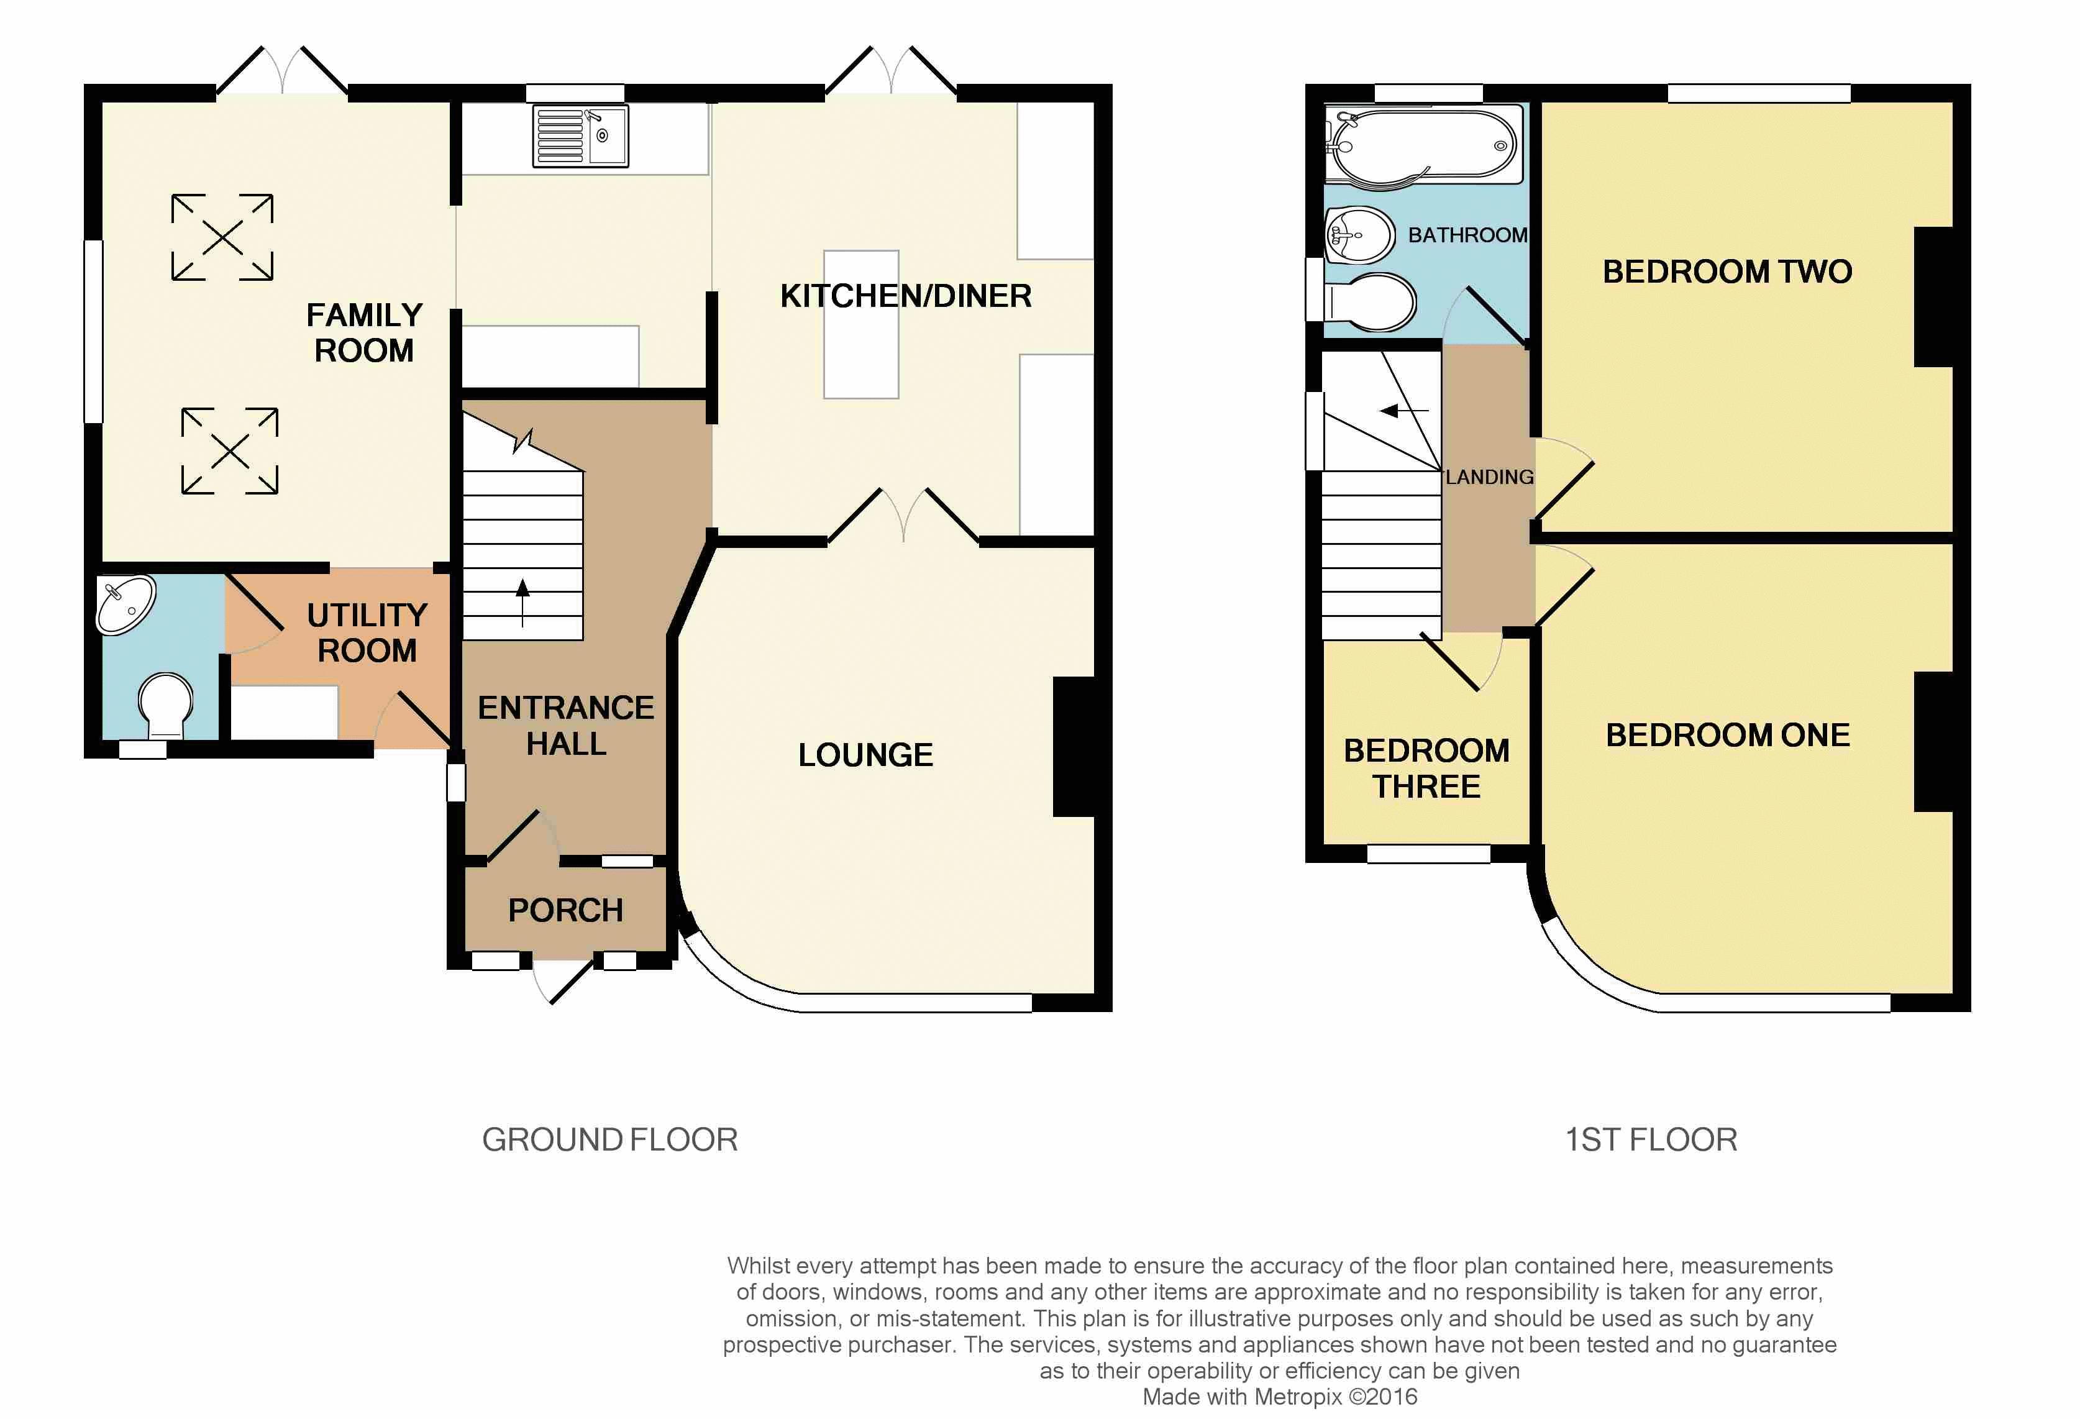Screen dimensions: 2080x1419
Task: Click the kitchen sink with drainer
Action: click(x=581, y=136)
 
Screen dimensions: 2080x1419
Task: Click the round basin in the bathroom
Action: click(x=1359, y=235)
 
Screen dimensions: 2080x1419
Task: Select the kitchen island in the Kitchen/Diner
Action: click(x=861, y=324)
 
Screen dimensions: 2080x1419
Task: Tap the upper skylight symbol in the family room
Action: click(x=222, y=237)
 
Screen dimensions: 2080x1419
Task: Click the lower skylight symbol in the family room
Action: click(x=230, y=451)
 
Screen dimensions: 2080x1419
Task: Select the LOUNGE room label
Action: click(x=865, y=755)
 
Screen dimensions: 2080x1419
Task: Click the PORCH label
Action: click(x=565, y=911)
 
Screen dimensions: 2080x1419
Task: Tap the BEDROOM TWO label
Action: click(x=1727, y=271)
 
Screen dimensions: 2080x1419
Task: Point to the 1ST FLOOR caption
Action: click(x=1651, y=1139)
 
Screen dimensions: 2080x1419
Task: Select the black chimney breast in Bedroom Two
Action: click(x=1933, y=297)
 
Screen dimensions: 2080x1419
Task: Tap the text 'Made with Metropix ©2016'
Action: click(x=1280, y=1397)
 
